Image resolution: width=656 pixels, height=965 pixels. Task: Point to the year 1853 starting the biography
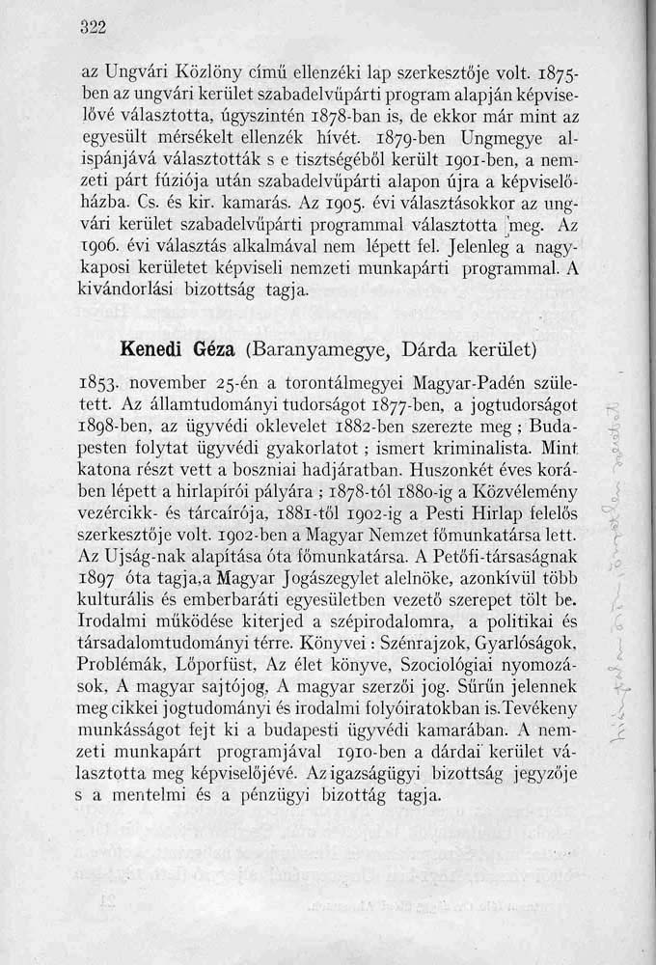(x=98, y=375)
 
